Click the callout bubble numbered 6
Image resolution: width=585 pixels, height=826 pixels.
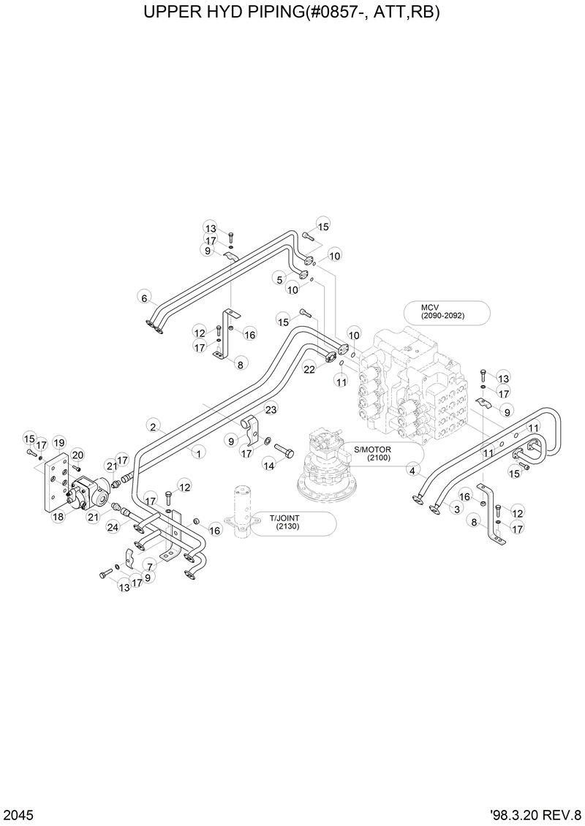[145, 298]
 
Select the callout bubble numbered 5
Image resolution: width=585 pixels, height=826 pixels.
[279, 278]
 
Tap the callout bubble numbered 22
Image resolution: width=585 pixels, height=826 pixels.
[309, 369]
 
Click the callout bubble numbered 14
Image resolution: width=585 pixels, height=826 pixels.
[269, 465]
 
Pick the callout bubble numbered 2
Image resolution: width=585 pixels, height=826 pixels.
[154, 425]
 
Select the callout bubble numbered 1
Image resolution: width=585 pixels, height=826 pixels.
[197, 452]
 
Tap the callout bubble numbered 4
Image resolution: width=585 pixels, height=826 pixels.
[414, 471]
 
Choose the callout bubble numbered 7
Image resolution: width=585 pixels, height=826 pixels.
[150, 566]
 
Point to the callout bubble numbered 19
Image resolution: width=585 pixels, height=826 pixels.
[59, 442]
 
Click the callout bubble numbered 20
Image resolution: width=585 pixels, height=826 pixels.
[78, 455]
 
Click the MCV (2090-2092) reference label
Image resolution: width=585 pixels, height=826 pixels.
[447, 311]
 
